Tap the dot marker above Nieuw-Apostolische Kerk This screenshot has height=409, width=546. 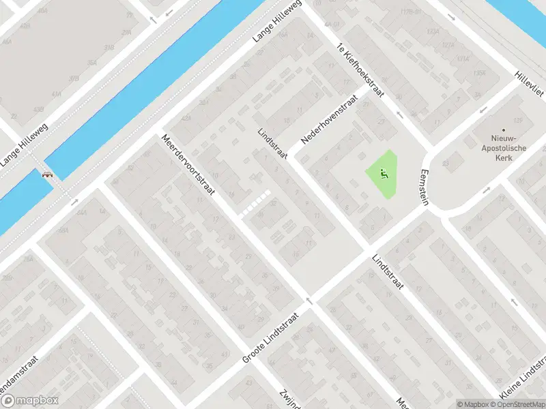[504, 130]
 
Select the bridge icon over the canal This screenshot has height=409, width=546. [48, 174]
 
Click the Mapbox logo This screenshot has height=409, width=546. [29, 401]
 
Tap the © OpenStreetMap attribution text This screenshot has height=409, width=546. [518, 404]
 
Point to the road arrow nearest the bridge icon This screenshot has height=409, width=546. [74, 201]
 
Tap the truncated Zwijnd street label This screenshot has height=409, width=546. [291, 398]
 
